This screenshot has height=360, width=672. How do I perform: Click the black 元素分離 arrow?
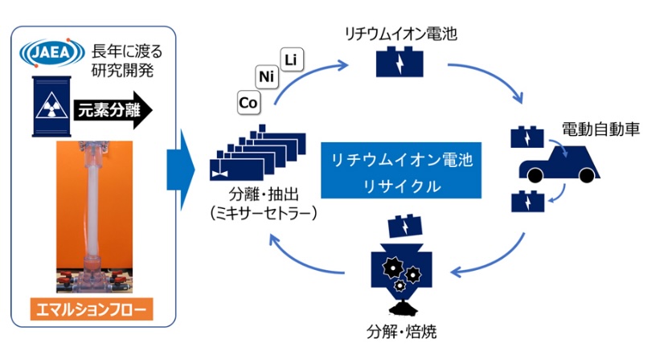[112, 110]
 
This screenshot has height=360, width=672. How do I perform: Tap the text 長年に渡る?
[129, 52]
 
